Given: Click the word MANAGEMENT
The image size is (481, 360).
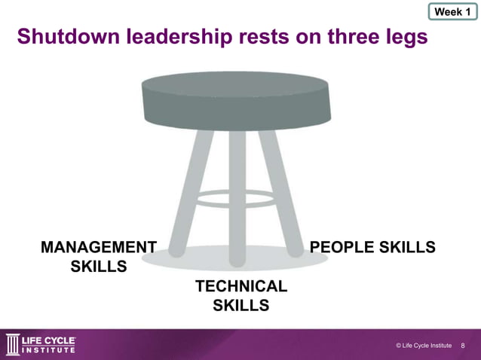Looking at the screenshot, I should pos(98,248).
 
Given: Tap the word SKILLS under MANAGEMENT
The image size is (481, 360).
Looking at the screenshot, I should pos(98,267).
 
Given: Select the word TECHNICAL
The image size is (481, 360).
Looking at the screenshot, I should pos(241,286).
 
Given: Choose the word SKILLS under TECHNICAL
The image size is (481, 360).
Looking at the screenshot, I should pos(241,305).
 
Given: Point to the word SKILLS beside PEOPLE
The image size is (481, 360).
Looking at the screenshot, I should pos(409,248).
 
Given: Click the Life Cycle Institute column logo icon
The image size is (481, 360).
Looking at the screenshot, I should pos(14,344).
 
